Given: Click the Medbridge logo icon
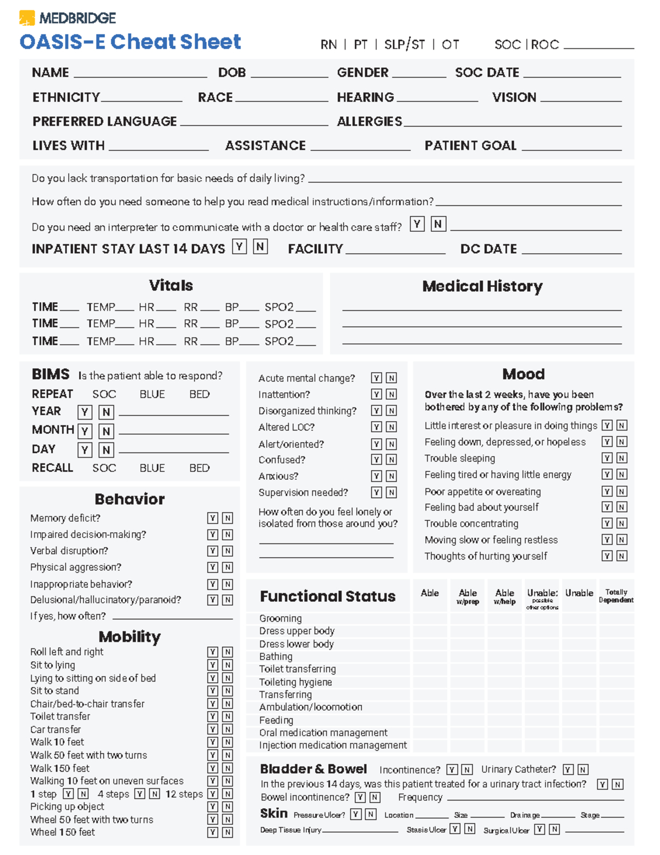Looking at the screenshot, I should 26,18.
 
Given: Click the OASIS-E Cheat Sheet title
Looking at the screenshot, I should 130,42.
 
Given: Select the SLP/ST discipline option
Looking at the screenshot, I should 404,45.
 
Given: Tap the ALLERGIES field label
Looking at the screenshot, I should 369,121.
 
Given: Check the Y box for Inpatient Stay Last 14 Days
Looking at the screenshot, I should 239,247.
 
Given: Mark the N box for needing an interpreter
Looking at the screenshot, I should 438,224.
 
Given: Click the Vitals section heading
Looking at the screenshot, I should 170,285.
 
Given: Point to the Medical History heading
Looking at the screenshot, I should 482,286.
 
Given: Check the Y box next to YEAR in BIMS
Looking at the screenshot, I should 85,412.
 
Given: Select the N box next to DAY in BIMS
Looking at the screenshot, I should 106,450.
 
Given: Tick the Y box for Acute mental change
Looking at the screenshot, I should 376,378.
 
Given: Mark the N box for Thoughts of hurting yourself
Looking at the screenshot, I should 621,556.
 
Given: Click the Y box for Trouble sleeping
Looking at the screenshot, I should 607,458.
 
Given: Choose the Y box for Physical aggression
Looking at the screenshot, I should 212,567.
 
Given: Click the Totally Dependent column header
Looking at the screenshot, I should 616,596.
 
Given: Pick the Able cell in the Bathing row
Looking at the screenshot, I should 430,656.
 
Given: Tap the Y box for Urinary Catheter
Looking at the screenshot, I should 568,770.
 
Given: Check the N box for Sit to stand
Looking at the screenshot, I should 227,691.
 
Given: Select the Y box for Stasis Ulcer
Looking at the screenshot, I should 455,829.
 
